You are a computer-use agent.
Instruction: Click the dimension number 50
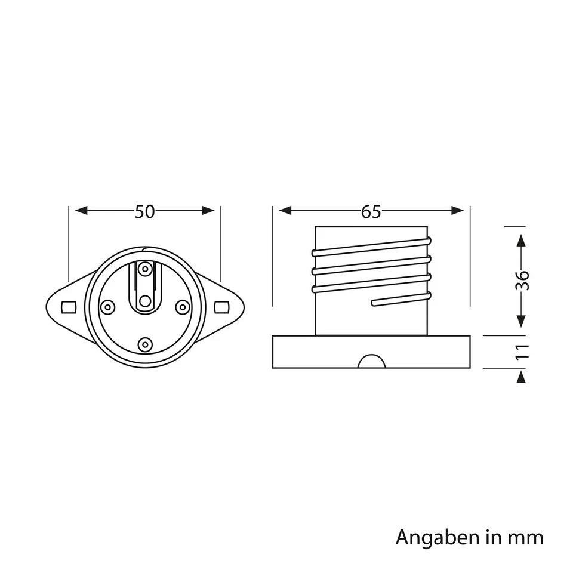[x=144, y=211]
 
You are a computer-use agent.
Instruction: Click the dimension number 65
[x=371, y=211]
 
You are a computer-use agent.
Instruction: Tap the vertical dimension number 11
[x=522, y=352]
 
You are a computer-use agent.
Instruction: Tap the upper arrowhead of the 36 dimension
[x=521, y=241]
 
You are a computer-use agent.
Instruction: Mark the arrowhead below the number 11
[x=521, y=377]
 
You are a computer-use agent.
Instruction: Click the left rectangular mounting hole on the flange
[x=69, y=307]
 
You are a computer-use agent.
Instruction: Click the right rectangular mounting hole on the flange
[x=221, y=306]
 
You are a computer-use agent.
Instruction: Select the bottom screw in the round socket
[x=145, y=344]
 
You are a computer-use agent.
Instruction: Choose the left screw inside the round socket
[x=107, y=307]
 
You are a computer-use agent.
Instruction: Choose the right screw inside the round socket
[x=182, y=306]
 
